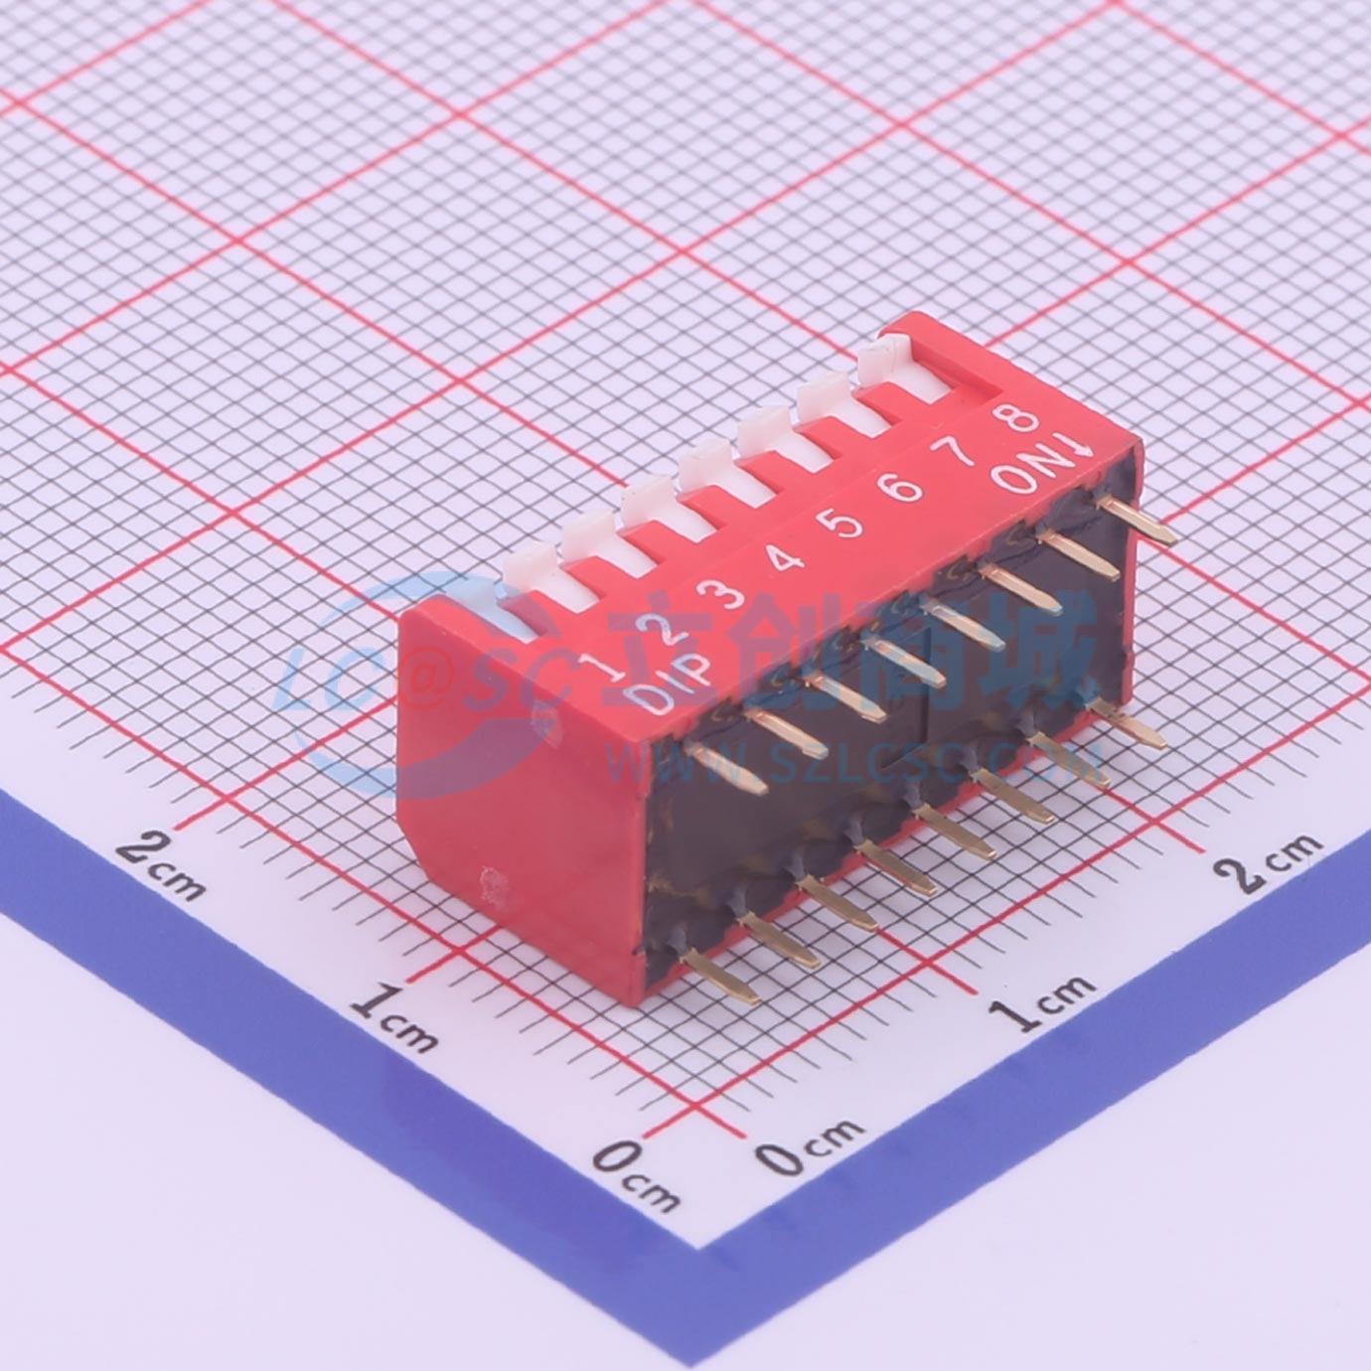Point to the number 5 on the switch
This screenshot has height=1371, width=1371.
pos(844,526)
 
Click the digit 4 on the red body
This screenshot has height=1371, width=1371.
pos(784,560)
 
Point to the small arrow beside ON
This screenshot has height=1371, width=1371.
pos(1063,447)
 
